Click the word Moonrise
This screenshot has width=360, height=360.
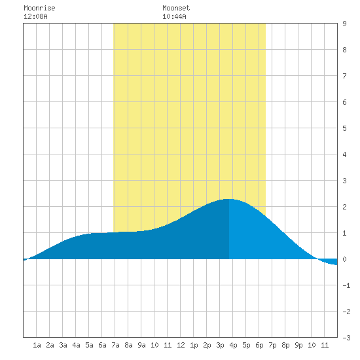pyautogui.click(x=39, y=8)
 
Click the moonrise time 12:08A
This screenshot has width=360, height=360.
pyautogui.click(x=35, y=16)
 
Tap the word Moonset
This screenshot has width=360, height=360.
pyautogui.click(x=176, y=8)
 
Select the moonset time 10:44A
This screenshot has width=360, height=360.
pyautogui.click(x=174, y=16)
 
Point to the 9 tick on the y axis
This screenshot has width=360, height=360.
pyautogui.click(x=344, y=24)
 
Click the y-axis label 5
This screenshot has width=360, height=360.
pyautogui.click(x=344, y=128)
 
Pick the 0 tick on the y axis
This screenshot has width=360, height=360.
pyautogui.click(x=344, y=259)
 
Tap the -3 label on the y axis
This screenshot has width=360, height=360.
pyautogui.click(x=346, y=338)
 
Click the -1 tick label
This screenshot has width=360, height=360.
pyautogui.click(x=346, y=285)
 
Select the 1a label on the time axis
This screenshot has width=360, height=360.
pyautogui.click(x=37, y=345)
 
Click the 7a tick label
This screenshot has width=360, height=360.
pyautogui.click(x=115, y=345)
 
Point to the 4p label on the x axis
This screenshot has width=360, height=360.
pyautogui.click(x=233, y=345)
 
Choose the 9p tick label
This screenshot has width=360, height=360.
pyautogui.click(x=298, y=345)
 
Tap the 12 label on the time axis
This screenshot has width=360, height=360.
pyautogui.click(x=181, y=345)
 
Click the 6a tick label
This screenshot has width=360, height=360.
pyautogui.click(x=102, y=345)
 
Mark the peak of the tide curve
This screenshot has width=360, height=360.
pyautogui.click(x=228, y=199)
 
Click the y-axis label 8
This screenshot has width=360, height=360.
pyautogui.click(x=344, y=50)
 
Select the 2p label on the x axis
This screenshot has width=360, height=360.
pyautogui.click(x=207, y=345)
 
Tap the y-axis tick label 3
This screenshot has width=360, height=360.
pyautogui.click(x=344, y=181)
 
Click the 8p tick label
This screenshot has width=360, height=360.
pyautogui.click(x=285, y=345)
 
